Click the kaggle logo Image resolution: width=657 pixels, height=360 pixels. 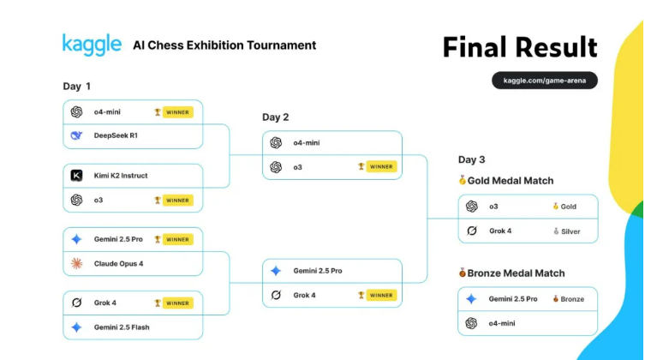(x=93, y=45)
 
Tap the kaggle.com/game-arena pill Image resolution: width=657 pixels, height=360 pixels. (x=545, y=80)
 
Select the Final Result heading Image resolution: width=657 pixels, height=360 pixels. (x=520, y=47)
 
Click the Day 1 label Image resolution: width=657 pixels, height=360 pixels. (x=77, y=87)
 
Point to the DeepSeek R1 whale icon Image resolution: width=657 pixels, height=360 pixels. (x=76, y=135)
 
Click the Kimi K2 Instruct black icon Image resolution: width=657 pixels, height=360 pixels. (x=76, y=175)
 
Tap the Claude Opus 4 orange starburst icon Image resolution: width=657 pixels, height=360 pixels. (x=76, y=264)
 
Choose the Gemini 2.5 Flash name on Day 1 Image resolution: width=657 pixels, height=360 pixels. (x=122, y=327)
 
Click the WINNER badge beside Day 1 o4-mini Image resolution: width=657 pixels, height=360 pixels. (x=177, y=112)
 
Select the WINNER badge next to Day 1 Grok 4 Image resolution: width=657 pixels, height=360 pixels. (x=177, y=303)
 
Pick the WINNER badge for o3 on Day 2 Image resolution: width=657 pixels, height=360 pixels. (x=381, y=166)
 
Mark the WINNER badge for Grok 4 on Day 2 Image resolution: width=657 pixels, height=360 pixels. (x=381, y=295)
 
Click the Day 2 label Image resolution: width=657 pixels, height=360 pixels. (x=276, y=117)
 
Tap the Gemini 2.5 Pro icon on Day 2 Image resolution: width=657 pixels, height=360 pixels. (x=276, y=271)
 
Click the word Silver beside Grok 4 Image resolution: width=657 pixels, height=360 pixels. (x=570, y=231)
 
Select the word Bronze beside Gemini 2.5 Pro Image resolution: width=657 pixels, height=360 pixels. (x=572, y=299)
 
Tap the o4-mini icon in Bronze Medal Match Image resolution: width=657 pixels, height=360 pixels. (x=471, y=323)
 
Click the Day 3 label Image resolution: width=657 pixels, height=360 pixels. (x=471, y=159)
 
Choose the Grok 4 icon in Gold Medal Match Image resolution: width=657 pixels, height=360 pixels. (x=472, y=231)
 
